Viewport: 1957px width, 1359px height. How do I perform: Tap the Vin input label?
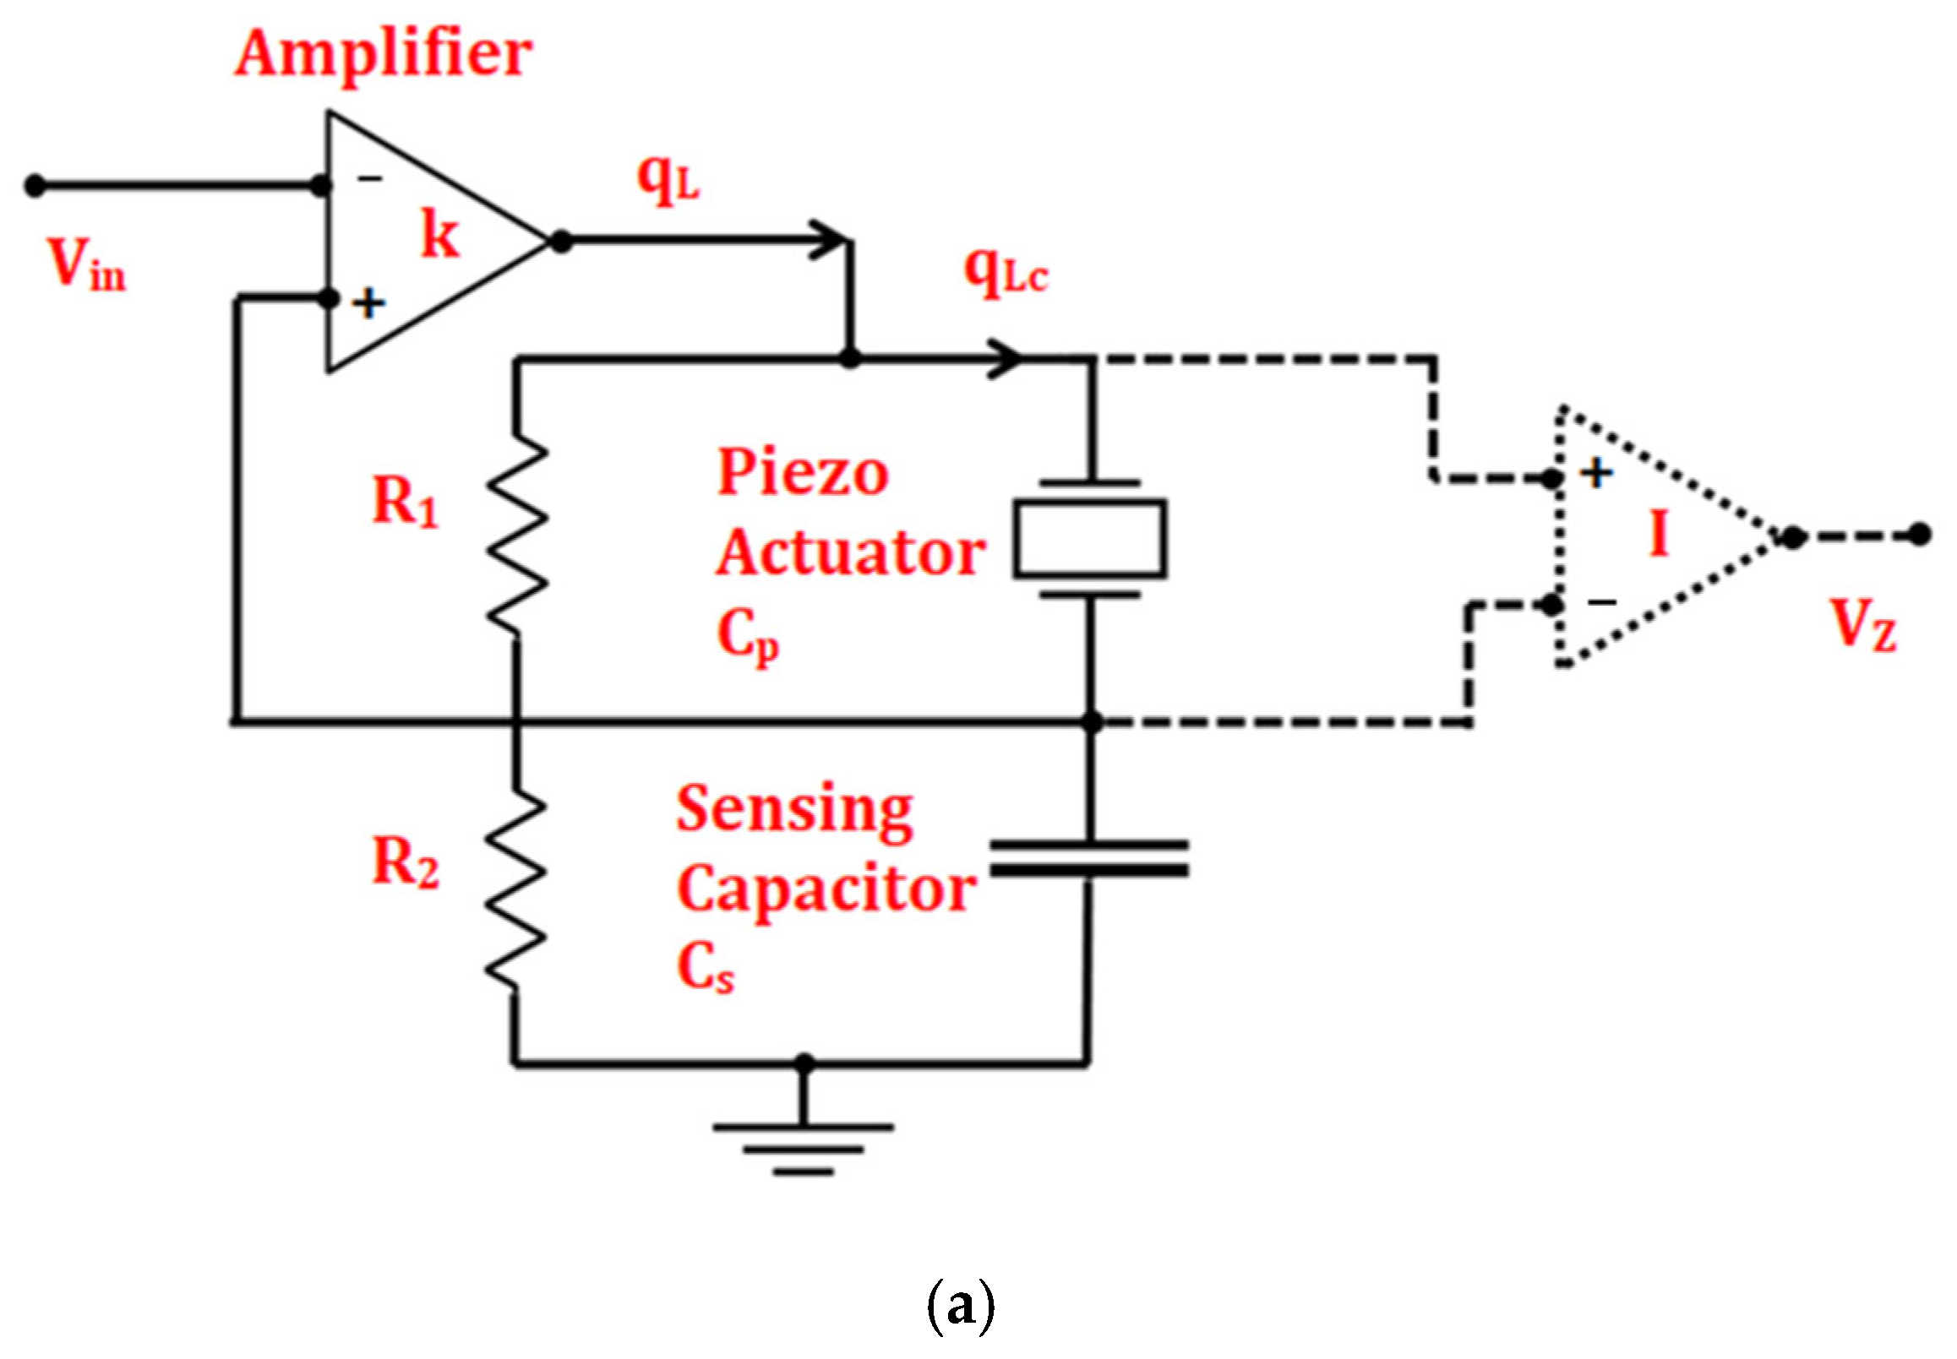85,265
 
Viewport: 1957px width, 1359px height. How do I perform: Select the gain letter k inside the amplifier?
440,233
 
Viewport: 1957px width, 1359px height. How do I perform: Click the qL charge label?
668,180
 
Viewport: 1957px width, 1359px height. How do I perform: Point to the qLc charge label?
1005,272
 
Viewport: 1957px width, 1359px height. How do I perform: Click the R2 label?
406,862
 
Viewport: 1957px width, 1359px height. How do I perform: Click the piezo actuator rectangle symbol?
1089,539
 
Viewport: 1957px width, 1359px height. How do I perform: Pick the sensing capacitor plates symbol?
1089,858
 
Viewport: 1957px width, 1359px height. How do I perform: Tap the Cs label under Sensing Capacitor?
704,968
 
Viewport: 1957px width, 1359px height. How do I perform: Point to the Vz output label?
1863,626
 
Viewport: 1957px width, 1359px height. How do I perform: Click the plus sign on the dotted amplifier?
1597,474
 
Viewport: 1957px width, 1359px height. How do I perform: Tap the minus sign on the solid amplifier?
369,178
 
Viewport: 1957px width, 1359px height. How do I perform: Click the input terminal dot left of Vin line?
35,185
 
